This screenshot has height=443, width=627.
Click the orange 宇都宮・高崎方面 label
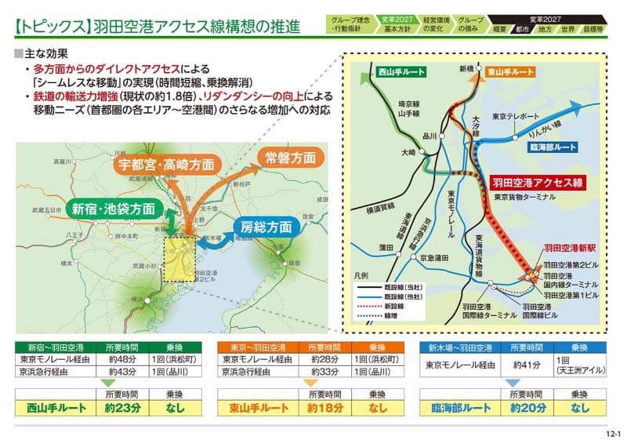click(166, 165)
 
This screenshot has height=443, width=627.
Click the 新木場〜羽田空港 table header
click(461, 347)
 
